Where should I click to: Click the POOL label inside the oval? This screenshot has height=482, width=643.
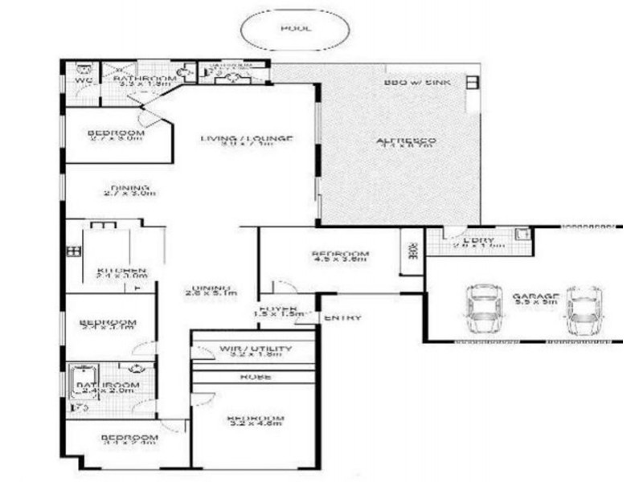(297, 28)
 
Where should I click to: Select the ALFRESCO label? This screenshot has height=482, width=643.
(407, 142)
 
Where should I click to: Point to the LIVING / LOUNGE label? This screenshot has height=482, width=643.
(246, 138)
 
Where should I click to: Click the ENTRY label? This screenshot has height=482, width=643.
(342, 318)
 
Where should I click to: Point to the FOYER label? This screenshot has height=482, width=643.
(278, 308)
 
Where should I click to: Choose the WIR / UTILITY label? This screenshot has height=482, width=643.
(256, 349)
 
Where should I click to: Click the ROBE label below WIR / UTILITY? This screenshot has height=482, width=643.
(255, 376)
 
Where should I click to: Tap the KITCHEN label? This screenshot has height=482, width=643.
(121, 270)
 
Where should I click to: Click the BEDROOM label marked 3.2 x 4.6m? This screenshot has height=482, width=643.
(256, 419)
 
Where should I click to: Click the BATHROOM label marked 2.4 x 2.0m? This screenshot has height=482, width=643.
(108, 386)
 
